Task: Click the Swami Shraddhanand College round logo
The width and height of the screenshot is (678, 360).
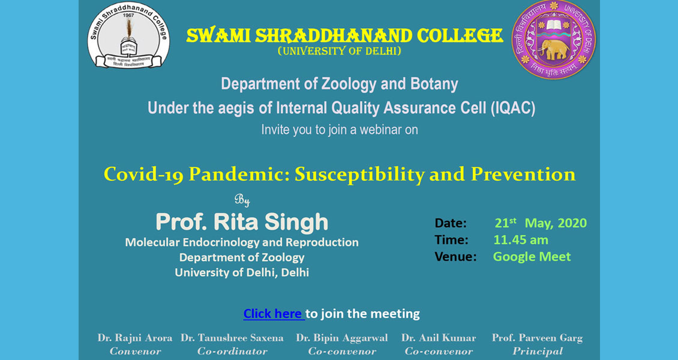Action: pos(128,35)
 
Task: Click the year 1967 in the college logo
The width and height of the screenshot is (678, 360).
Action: pos(128,15)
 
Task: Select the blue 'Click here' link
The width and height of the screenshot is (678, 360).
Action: pos(273,313)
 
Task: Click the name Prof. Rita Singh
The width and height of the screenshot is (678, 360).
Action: pos(242,222)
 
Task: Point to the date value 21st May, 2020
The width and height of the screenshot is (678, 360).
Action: pos(541,223)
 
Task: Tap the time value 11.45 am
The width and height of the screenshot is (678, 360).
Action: pos(521,240)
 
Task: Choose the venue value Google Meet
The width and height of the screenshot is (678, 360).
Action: pos(532,257)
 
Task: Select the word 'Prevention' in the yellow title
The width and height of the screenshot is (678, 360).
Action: pos(523,174)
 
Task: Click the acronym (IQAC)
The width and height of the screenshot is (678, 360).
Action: pos(513,108)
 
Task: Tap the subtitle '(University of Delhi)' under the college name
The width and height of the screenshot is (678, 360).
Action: pos(339,52)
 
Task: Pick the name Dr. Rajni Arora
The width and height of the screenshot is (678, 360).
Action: pos(135,338)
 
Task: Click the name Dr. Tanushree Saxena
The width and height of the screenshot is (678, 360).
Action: pos(232,338)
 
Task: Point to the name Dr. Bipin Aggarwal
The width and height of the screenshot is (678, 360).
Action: pos(341,338)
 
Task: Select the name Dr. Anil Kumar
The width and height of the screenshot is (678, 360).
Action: pos(439,338)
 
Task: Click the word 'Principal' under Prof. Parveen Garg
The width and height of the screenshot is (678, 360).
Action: pos(538,352)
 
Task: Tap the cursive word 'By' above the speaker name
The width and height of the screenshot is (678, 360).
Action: pos(242,200)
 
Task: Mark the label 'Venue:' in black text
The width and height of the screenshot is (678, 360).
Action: pos(455,257)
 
